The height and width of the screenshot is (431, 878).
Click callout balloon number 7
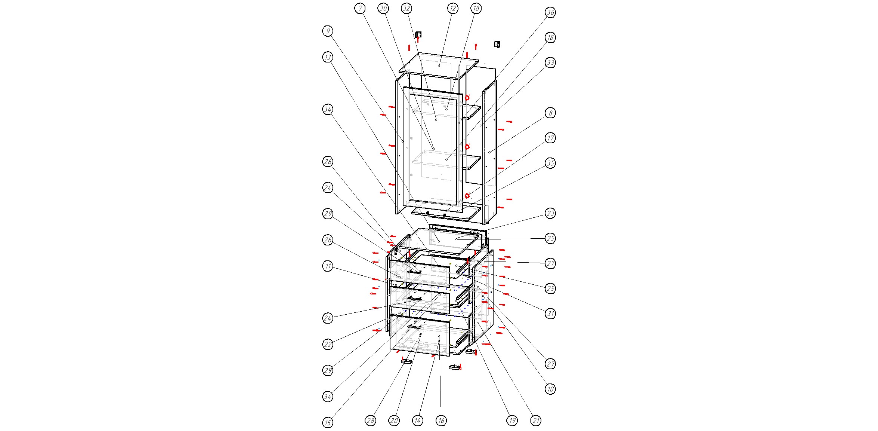click(360, 9)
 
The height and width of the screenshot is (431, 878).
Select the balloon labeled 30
click(383, 9)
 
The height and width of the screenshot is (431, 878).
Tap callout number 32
click(406, 9)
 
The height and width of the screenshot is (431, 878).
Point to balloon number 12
click(452, 9)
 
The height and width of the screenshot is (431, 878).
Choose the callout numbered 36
click(550, 12)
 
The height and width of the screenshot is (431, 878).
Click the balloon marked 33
click(550, 62)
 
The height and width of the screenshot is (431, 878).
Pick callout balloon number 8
click(550, 113)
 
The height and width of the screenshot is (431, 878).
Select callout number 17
click(550, 138)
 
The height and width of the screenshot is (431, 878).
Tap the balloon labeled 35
click(550, 163)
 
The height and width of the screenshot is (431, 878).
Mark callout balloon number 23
click(550, 213)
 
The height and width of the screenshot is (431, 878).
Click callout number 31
click(550, 314)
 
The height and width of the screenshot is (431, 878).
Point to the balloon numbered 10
click(550, 389)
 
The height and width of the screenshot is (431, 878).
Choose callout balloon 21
click(536, 421)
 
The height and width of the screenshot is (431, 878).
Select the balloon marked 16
click(441, 421)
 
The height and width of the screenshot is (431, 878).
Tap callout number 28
click(370, 421)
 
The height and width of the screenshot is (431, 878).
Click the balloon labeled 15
click(328, 423)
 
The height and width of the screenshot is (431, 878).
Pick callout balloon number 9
click(328, 31)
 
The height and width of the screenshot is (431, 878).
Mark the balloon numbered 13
click(328, 57)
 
